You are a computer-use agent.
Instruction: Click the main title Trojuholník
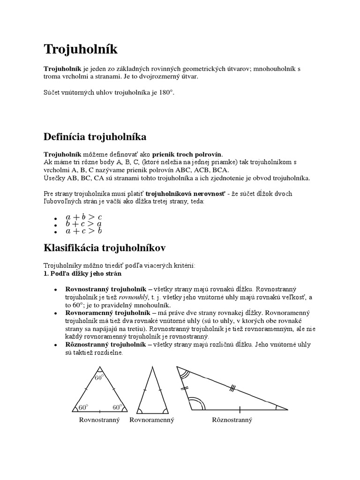point(81,49)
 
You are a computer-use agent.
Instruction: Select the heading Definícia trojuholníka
point(95,137)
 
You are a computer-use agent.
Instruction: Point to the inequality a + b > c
point(84,217)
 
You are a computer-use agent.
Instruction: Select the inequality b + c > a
point(84,224)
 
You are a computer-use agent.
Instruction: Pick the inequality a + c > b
point(84,231)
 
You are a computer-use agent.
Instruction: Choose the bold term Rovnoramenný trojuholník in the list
point(105,312)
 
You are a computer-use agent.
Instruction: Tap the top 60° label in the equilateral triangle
point(99,377)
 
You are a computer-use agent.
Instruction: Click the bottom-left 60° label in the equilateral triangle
point(83,407)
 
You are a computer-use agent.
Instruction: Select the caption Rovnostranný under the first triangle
point(99,420)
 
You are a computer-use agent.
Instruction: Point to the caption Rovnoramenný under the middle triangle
point(152,420)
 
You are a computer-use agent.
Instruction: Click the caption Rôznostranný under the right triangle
point(232,420)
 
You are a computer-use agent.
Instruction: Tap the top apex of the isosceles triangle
point(151,367)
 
